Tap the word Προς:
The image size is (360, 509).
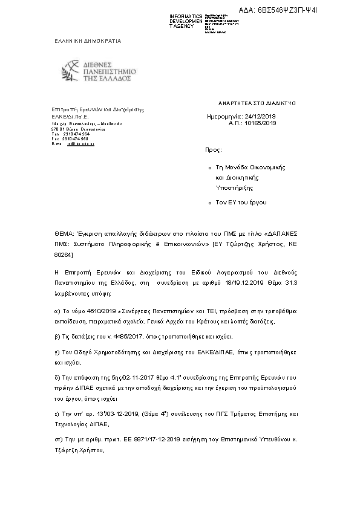[x=214, y=148]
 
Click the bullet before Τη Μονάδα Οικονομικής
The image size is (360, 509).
[x=209, y=167]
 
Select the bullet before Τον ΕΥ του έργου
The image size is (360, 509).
[x=209, y=203]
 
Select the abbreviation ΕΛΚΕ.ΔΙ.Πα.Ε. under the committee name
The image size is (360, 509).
[x=70, y=116]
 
